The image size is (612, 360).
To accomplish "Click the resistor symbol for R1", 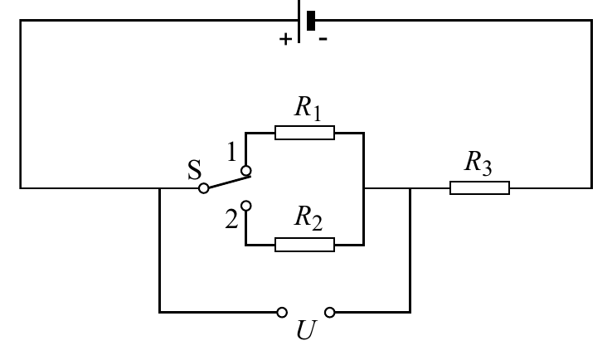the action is (304, 133).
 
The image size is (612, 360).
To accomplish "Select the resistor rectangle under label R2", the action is (304, 245).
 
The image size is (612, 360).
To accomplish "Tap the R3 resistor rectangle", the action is (479, 187).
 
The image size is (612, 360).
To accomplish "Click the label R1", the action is (308, 109).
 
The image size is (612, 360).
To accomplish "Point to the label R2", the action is (308, 219).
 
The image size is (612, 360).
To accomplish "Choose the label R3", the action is (478, 163).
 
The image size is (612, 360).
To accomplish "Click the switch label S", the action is (194, 170).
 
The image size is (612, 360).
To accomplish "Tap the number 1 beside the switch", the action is (232, 152).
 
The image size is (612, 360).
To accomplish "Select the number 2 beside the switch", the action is (231, 219).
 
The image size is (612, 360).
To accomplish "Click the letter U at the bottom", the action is (306, 330).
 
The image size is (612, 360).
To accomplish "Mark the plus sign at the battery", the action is (285, 39).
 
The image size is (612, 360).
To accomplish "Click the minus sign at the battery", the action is (323, 39).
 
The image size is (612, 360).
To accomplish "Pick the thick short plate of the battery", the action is (311, 21).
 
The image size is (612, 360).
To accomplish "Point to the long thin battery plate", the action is (299, 22).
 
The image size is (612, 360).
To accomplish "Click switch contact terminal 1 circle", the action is (246, 171).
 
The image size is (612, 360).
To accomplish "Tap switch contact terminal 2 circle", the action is (246, 206).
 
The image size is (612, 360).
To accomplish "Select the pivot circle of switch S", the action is (203, 188).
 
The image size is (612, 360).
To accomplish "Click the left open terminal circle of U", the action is (282, 313).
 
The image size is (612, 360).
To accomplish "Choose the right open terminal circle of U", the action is (330, 313).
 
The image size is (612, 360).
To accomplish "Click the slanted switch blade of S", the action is (230, 181).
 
